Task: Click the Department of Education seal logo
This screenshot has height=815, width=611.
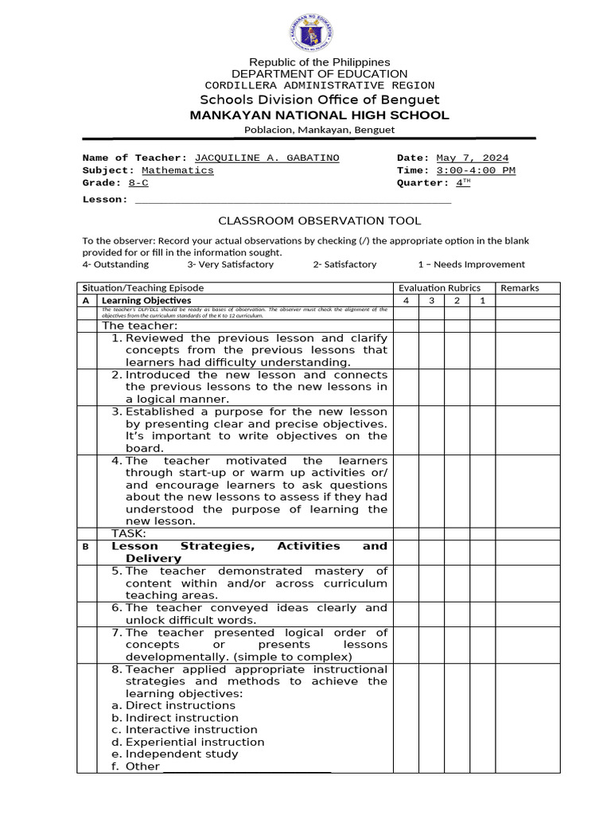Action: (309, 33)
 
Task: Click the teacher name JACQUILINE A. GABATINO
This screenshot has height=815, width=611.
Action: (267, 158)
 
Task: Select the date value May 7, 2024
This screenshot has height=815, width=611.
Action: (473, 158)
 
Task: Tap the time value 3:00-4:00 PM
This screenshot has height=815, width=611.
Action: (476, 170)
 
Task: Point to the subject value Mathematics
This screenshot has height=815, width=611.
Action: (177, 170)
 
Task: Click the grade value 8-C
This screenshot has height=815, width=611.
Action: (138, 183)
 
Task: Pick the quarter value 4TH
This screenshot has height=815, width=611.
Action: (463, 183)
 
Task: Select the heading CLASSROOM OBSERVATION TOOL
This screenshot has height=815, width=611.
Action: (320, 220)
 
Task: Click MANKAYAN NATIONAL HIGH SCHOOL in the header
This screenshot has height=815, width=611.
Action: (319, 115)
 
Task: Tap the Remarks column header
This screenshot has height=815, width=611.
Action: (520, 288)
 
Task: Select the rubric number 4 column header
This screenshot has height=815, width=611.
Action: (406, 300)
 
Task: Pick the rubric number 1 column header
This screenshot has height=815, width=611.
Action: (481, 300)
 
